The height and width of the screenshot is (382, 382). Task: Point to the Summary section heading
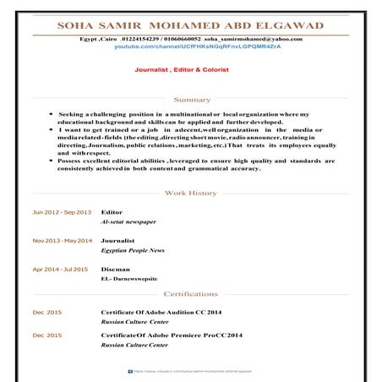tap(191, 100)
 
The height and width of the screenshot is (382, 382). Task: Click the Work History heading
tap(191, 194)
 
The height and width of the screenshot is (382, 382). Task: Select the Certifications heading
tap(191, 294)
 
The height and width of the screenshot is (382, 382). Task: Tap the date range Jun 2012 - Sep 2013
tap(62, 211)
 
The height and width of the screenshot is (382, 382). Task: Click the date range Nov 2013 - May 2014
tap(62, 241)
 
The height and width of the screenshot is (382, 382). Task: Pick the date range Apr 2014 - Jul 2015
tap(60, 270)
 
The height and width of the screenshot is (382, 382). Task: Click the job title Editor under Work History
tap(112, 211)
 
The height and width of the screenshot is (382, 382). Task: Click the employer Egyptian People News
tap(134, 251)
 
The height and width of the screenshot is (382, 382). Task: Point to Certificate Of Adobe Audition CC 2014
tap(161, 313)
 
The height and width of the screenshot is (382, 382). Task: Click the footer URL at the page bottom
tap(189, 370)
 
